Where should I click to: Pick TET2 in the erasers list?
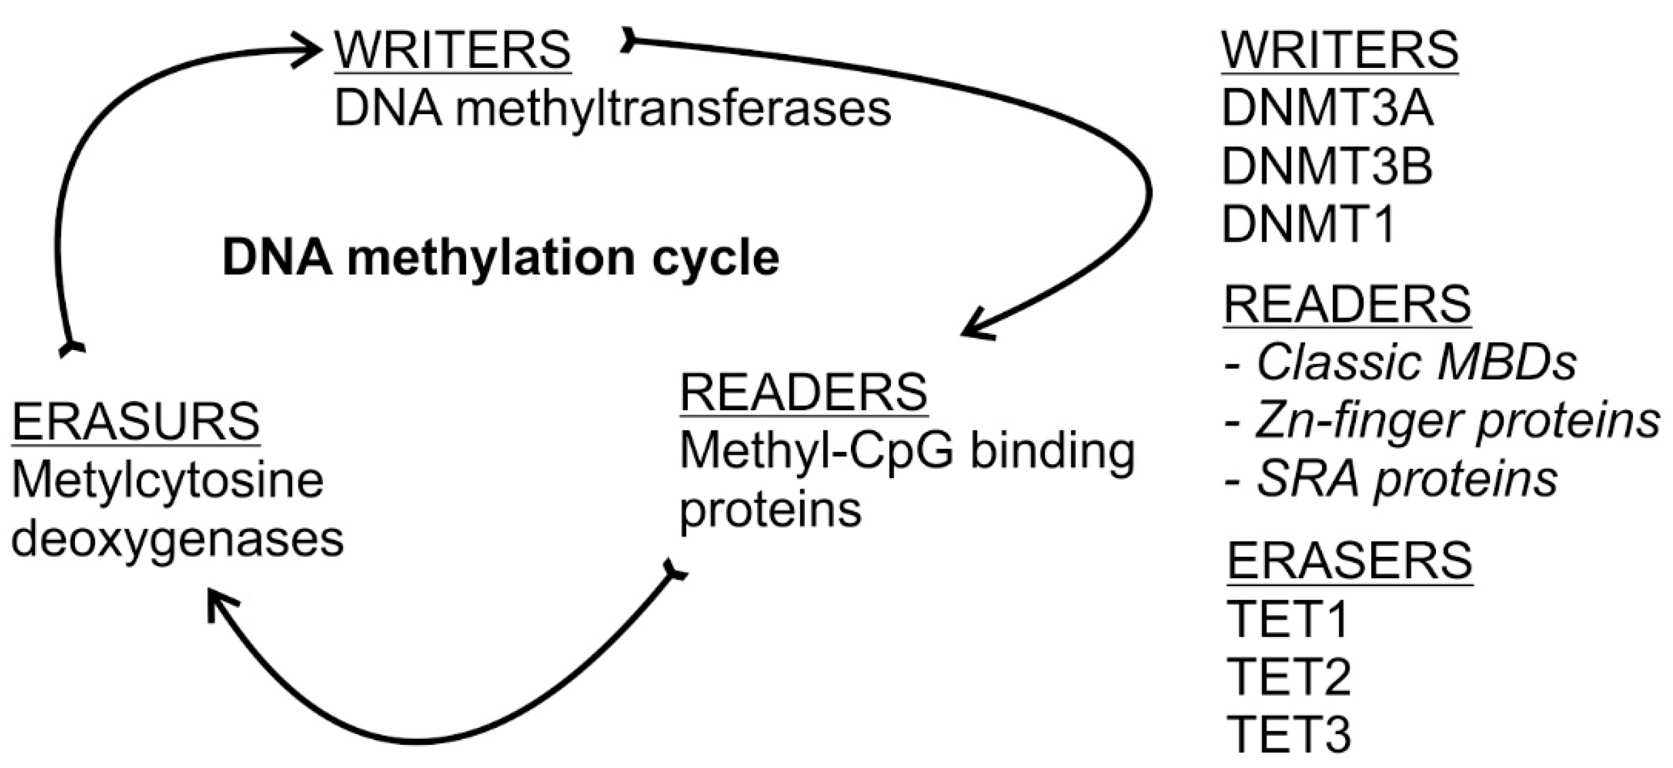coord(1289,677)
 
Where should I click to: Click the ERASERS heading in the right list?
coord(1350,561)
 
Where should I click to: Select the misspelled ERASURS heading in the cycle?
coord(136,422)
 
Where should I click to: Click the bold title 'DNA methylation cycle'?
coord(500,258)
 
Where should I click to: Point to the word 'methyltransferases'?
coord(672,109)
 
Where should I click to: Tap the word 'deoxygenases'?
coord(177,539)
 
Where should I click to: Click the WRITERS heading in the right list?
coord(1340,50)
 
